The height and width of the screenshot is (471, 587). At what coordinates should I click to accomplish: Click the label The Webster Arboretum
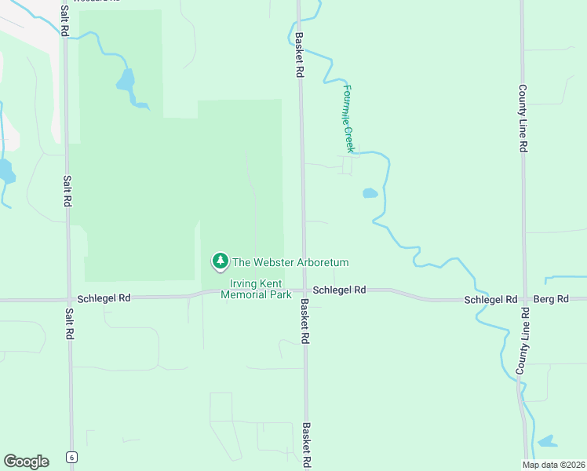pos(290,262)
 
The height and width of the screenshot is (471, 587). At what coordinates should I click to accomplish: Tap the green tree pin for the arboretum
pos(221,261)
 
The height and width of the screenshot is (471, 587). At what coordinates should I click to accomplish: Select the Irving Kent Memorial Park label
pos(256,289)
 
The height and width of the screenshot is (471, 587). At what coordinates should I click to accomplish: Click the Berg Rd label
pos(549,300)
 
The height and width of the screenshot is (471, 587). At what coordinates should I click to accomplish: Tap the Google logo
pos(26,461)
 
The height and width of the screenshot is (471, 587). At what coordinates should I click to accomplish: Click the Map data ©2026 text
pos(554,465)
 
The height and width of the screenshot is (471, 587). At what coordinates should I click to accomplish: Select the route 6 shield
pos(71,457)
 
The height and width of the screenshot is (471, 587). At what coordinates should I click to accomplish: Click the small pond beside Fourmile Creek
pos(370,192)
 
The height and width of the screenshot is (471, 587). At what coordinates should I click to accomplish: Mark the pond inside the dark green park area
pos(126,80)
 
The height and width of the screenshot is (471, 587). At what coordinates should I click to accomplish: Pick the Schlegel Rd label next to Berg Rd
pos(490,300)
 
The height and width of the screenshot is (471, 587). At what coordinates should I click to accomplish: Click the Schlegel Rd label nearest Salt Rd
pos(104,298)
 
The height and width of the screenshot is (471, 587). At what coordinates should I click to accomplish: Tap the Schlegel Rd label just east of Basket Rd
pos(339,290)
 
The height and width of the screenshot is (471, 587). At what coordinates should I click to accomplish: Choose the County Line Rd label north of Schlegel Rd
pos(522,119)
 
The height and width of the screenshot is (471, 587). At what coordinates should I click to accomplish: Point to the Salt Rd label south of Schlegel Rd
pos(69,322)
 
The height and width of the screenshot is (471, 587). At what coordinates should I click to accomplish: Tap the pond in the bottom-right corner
pos(547,441)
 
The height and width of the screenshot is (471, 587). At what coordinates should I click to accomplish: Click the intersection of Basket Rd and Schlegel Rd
pos(304,290)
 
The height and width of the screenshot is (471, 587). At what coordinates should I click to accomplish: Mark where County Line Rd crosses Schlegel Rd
pos(523,299)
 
